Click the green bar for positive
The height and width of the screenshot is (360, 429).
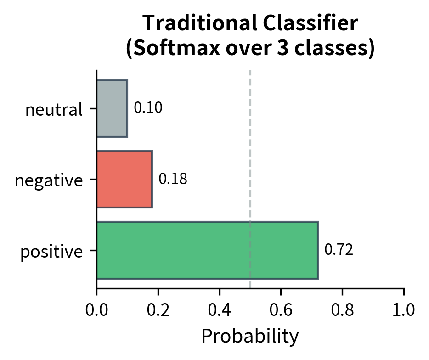click(x=207, y=250)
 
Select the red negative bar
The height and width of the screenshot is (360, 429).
click(x=124, y=179)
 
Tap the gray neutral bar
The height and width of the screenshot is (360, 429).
click(x=112, y=108)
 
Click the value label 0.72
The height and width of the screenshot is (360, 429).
click(x=339, y=250)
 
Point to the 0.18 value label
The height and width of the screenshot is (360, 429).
click(x=173, y=179)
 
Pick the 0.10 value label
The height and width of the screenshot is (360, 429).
click(x=148, y=108)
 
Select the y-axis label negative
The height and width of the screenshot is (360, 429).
click(x=49, y=180)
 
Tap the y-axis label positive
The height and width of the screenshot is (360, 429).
click(x=51, y=252)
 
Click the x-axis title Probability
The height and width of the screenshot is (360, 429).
click(x=250, y=337)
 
